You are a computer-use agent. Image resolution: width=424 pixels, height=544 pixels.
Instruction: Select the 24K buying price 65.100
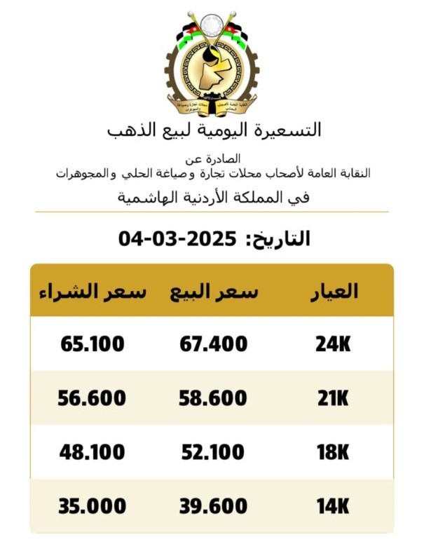click(92, 344)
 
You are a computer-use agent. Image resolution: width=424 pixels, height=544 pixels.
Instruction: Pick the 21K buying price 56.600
click(92, 398)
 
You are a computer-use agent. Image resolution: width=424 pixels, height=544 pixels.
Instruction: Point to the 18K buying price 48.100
click(92, 452)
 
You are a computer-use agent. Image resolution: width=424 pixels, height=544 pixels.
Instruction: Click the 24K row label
click(332, 344)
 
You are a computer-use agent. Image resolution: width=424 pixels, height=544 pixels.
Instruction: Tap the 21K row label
click(332, 398)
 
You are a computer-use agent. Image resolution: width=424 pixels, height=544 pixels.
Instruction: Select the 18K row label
click(332, 452)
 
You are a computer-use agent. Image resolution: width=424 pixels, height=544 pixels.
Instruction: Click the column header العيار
click(334, 292)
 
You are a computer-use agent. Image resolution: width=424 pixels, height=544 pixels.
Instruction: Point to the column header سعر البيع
click(214, 292)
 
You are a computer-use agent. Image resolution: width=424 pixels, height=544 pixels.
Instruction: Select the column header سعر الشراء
click(92, 292)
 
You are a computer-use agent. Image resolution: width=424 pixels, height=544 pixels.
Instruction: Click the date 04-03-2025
click(176, 238)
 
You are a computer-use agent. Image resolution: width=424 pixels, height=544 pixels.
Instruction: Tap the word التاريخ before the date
click(281, 238)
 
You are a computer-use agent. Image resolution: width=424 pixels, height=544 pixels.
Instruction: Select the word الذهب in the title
click(132, 130)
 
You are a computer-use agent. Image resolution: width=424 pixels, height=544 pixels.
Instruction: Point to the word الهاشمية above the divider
click(145, 198)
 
